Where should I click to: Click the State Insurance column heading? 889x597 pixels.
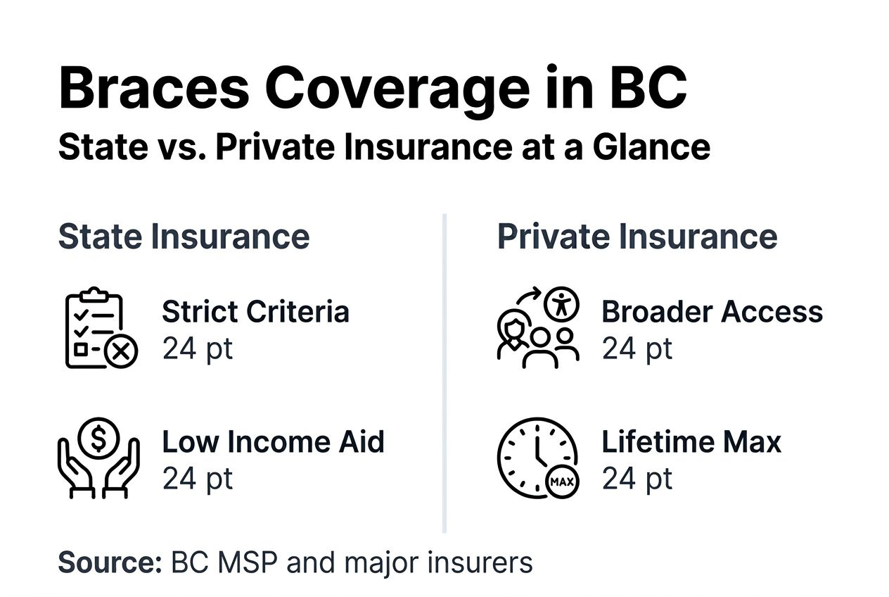(184, 237)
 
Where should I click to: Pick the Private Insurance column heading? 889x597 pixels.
(637, 237)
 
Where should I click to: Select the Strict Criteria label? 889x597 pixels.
(255, 312)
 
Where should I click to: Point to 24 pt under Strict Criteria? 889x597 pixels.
(198, 348)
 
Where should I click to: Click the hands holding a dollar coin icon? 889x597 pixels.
(99, 458)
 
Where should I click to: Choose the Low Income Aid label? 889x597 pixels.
(274, 442)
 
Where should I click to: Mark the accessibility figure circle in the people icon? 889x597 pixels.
(561, 303)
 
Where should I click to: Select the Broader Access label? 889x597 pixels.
(712, 312)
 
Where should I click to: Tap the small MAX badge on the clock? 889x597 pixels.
(562, 483)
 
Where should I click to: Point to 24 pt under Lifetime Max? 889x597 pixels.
(637, 479)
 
